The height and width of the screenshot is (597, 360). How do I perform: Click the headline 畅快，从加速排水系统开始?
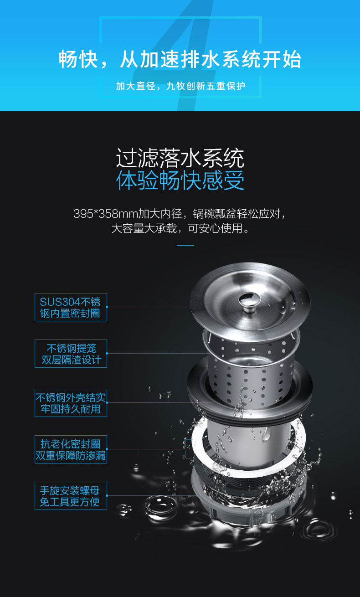pyautogui.click(x=180, y=59)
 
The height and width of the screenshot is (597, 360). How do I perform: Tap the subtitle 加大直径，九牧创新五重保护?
pyautogui.click(x=180, y=86)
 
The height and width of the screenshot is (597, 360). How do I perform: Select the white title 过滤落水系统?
pyautogui.click(x=180, y=158)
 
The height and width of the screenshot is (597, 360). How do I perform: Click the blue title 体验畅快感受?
pyautogui.click(x=180, y=180)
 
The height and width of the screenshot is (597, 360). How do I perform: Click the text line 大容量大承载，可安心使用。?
pyautogui.click(x=180, y=228)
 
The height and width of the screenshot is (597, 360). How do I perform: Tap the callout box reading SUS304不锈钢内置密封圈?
pyautogui.click(x=71, y=307)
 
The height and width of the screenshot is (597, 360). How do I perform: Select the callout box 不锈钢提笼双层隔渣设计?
pyautogui.click(x=71, y=354)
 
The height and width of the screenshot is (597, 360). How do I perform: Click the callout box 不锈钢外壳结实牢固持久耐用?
pyautogui.click(x=71, y=403)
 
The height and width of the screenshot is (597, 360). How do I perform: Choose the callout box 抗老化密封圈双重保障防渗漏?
pyautogui.click(x=71, y=449)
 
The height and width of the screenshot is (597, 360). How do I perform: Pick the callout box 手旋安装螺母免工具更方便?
pyautogui.click(x=71, y=496)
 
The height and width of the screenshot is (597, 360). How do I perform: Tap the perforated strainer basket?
pyautogui.click(x=251, y=371)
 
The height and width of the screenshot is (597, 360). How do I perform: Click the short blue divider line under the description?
pyautogui.click(x=185, y=245)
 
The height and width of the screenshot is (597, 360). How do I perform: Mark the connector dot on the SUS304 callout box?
pyautogui.click(x=107, y=307)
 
